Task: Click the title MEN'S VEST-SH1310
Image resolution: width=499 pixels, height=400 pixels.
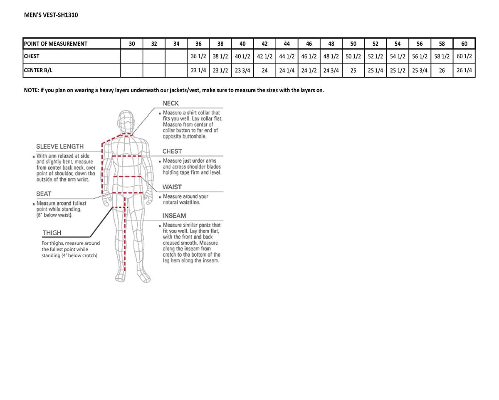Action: [51, 15]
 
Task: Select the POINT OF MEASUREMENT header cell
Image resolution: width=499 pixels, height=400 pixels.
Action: [56, 44]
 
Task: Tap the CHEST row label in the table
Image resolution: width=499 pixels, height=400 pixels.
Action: [32, 56]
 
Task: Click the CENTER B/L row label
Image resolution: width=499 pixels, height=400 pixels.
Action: [38, 70]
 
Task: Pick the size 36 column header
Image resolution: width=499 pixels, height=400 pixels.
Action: [198, 44]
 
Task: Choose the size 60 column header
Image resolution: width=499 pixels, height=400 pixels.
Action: [464, 44]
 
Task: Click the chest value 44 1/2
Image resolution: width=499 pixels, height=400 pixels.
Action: [287, 56]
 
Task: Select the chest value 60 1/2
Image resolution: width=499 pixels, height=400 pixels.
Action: [464, 56]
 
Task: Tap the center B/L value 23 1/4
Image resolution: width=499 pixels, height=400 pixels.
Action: [198, 70]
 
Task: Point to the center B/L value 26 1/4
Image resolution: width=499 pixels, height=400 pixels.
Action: [464, 70]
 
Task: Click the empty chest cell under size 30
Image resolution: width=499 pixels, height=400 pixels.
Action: [132, 56]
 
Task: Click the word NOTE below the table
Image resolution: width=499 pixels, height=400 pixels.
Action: [31, 91]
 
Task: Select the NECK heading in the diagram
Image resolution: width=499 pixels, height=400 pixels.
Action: [170, 103]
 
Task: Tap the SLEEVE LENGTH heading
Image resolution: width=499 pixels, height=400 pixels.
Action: [60, 146]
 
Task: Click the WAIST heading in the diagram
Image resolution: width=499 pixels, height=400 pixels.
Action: [172, 187]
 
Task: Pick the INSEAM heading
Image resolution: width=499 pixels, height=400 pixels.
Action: [174, 216]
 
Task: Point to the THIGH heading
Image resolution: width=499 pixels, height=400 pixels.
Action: [52, 233]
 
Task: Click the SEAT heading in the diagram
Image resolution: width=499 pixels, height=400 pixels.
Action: [44, 194]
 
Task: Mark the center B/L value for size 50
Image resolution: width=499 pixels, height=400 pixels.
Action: [353, 70]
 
